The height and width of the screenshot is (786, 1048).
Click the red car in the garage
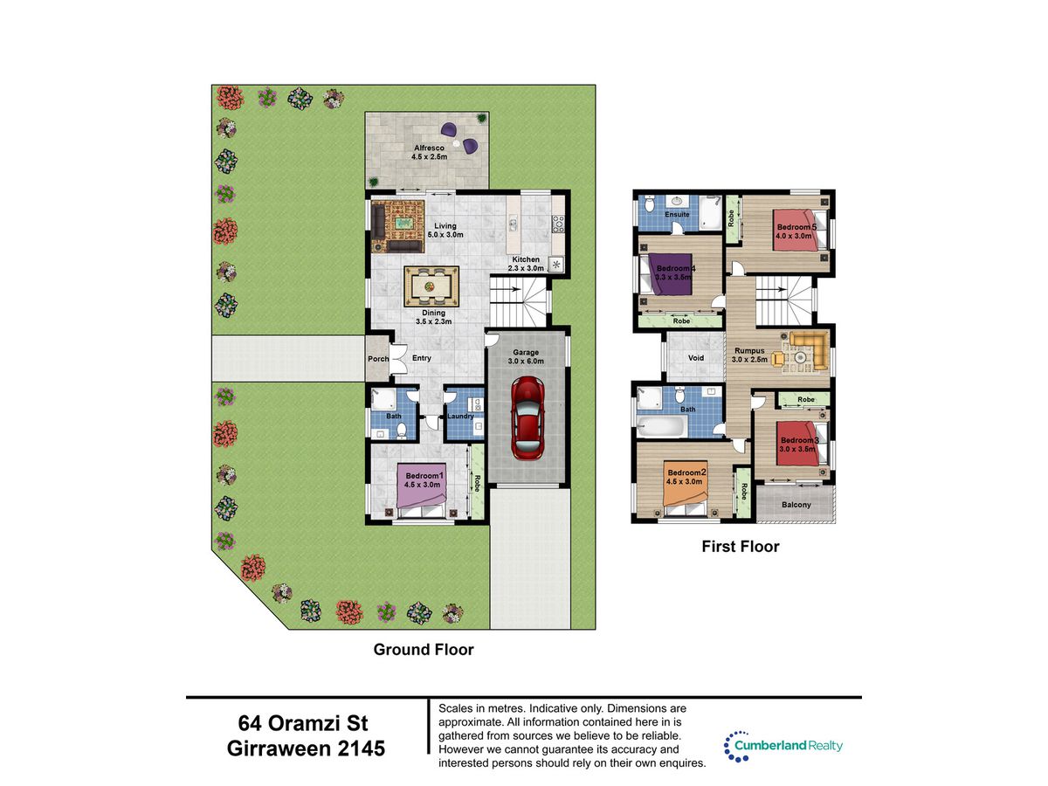pos(527,418)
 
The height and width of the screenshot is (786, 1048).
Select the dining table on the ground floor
pos(431,286)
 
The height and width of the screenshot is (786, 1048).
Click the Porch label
pos(378,359)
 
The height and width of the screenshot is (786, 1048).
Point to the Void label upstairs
pos(696,358)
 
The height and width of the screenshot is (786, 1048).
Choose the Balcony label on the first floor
pos(796,505)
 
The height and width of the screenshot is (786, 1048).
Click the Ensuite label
pos(677,214)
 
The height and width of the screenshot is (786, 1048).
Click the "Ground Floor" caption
pos(424,650)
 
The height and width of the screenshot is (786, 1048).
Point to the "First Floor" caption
pos(740,547)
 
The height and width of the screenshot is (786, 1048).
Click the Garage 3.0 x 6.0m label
pos(526,356)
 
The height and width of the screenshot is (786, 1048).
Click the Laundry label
pos(460,417)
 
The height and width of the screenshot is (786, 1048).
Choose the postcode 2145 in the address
pos(362,748)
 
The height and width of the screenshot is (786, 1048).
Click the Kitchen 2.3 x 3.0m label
pos(526,264)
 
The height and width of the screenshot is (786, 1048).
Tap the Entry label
pos(422,358)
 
